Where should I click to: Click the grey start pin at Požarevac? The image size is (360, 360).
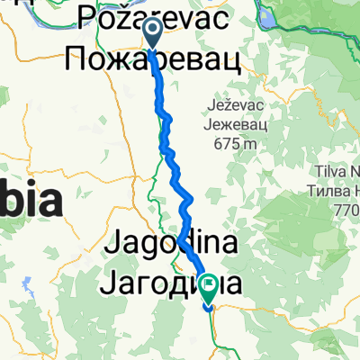click(151, 32)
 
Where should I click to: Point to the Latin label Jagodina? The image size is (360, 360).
click(171, 242)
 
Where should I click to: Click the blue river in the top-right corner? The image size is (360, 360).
click(346, 14)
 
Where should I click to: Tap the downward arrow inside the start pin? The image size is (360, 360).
click(151, 31)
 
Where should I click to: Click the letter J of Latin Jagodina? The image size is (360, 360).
click(115, 242)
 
